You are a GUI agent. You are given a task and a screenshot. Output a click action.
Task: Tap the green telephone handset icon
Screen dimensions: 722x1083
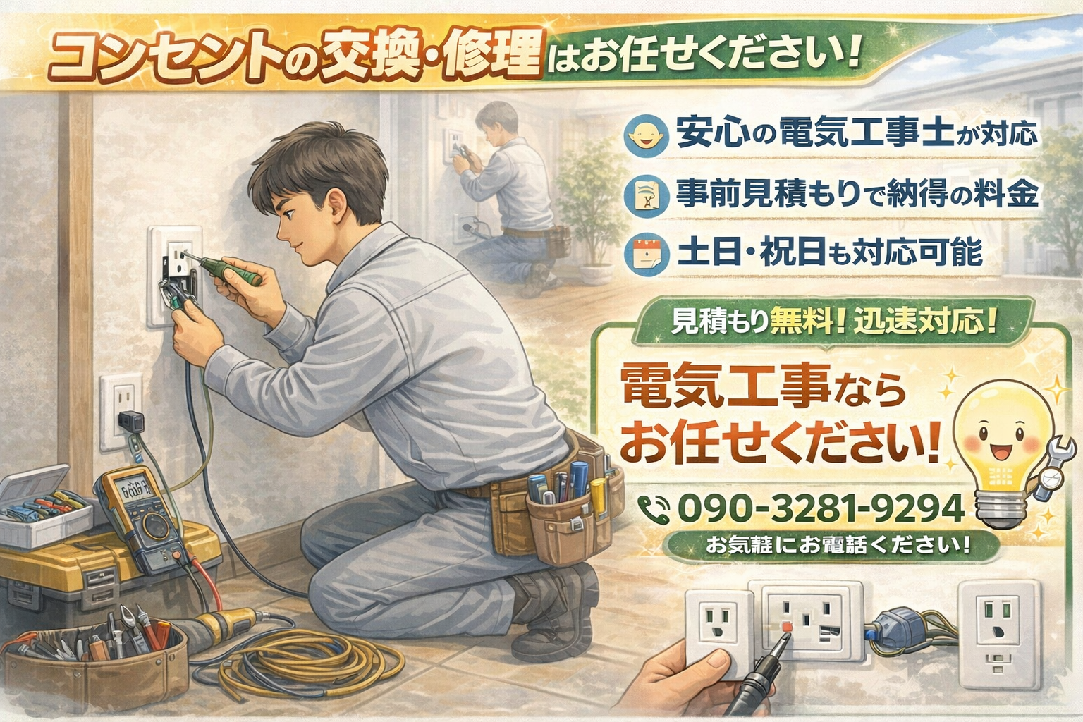tap(654, 508)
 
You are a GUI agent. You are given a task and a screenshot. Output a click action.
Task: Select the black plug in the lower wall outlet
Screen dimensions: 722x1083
tap(129, 421)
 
